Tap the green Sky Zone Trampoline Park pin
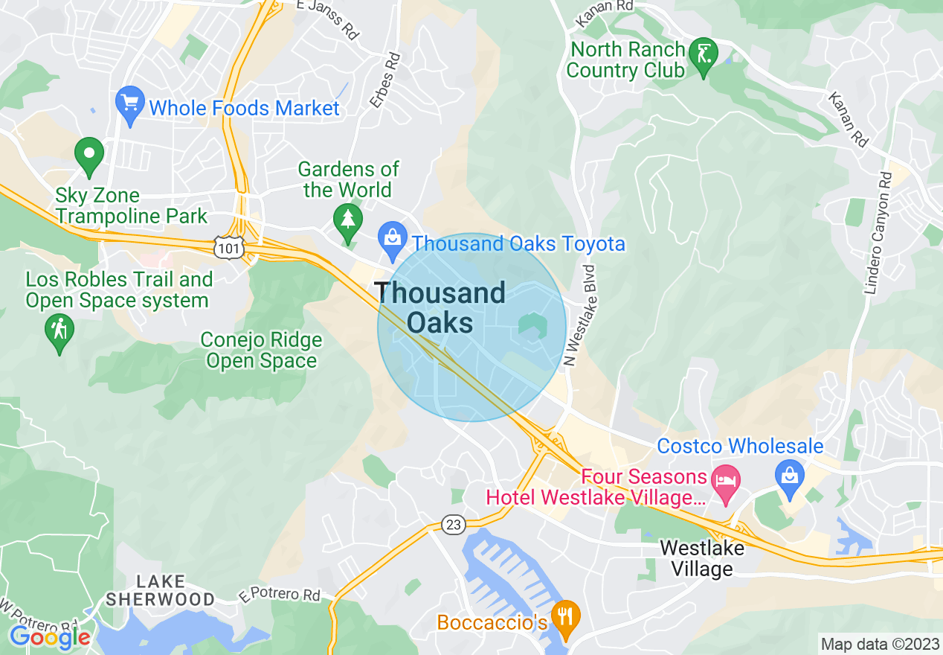point(89,156)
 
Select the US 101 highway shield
point(229,248)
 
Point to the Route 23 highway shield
point(453,525)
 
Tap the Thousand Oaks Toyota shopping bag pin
point(391,239)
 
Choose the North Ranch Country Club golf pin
point(704,56)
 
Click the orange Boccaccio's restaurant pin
point(567,617)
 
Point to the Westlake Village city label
point(702,558)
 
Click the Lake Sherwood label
point(160,589)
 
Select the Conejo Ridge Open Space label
point(262,351)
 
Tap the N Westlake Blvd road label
point(571,316)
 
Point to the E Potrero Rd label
point(279,595)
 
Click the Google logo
point(51,636)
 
